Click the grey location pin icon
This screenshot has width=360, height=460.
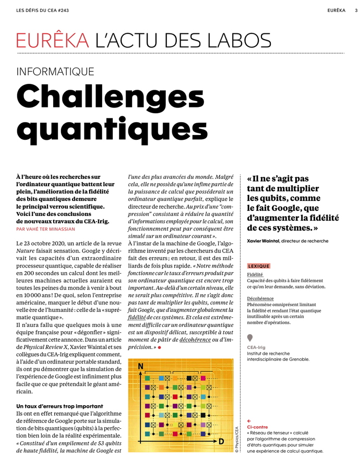[250, 337]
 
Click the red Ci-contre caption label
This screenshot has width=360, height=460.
[257, 427]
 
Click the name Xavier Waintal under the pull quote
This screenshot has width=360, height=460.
[265, 241]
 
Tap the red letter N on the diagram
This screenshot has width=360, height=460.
[140, 367]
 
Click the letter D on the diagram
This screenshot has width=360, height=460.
[221, 442]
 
